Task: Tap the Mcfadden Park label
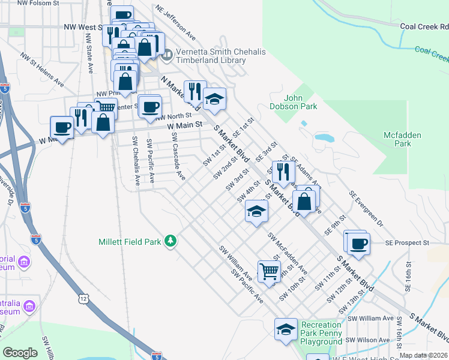pyautogui.click(x=403, y=139)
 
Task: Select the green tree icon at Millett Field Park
pyautogui.click(x=171, y=241)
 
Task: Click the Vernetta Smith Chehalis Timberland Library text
pyautogui.click(x=220, y=57)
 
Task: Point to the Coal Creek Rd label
pyautogui.click(x=425, y=27)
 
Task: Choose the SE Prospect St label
pyautogui.click(x=408, y=243)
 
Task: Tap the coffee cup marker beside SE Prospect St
pyautogui.click(x=358, y=244)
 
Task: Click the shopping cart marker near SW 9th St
pyautogui.click(x=269, y=271)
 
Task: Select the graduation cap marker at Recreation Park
pyautogui.click(x=286, y=329)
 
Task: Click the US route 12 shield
pyautogui.click(x=82, y=298)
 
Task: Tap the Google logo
pyautogui.click(x=20, y=353)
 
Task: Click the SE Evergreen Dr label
pyautogui.click(x=366, y=211)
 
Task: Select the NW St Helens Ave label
pyautogui.click(x=42, y=68)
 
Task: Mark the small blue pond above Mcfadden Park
pyautogui.click(x=324, y=137)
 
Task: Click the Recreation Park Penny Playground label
pyautogui.click(x=321, y=333)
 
